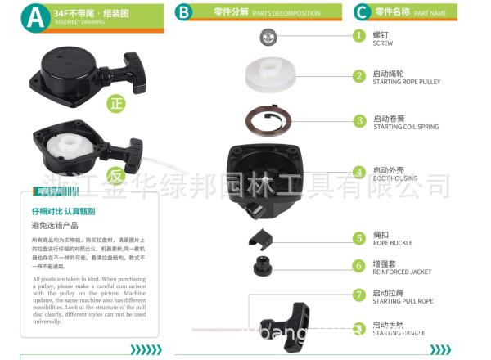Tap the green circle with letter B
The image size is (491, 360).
pyautogui.click(x=185, y=12)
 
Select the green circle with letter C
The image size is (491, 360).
pyautogui.click(x=360, y=12)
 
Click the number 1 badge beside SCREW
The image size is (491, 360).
pyautogui.click(x=358, y=36)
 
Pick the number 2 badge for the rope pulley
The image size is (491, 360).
pyautogui.click(x=358, y=76)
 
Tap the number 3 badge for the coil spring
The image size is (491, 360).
pyautogui.click(x=358, y=120)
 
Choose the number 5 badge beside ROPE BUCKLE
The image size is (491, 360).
pyautogui.click(x=358, y=238)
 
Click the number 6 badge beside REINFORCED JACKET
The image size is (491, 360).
pyautogui.click(x=358, y=265)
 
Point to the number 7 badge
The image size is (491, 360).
pyautogui.click(x=358, y=295)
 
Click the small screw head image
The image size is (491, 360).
pyautogui.click(x=267, y=35)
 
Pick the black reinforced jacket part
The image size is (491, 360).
pyautogui.click(x=265, y=268)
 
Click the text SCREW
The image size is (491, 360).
pyautogui.click(x=383, y=43)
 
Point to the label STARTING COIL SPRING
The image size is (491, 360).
pyautogui.click(x=406, y=127)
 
